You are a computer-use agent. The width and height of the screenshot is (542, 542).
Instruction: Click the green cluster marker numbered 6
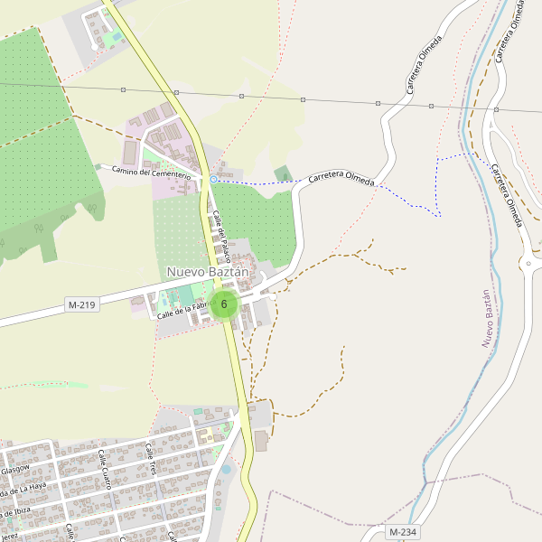pyautogui.click(x=223, y=304)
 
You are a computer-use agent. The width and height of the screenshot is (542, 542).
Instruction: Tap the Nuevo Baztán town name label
pyautogui.click(x=207, y=272)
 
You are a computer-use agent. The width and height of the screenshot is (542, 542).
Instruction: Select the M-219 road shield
pyautogui.click(x=81, y=305)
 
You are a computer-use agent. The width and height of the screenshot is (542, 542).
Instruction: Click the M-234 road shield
pyautogui.click(x=403, y=532)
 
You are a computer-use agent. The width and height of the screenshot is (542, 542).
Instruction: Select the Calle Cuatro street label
pyautogui.click(x=105, y=469)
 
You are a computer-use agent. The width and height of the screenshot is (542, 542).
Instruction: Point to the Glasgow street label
pyautogui.click(x=14, y=470)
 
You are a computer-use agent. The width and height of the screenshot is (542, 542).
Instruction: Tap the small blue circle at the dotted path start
pyautogui.click(x=213, y=180)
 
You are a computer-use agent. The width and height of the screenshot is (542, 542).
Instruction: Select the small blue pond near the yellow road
pyautogui.click(x=226, y=470)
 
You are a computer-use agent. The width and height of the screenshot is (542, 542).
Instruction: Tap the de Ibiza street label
pyautogui.click(x=15, y=511)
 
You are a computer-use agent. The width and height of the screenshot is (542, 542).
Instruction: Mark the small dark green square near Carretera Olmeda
pyautogui.click(x=284, y=173)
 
